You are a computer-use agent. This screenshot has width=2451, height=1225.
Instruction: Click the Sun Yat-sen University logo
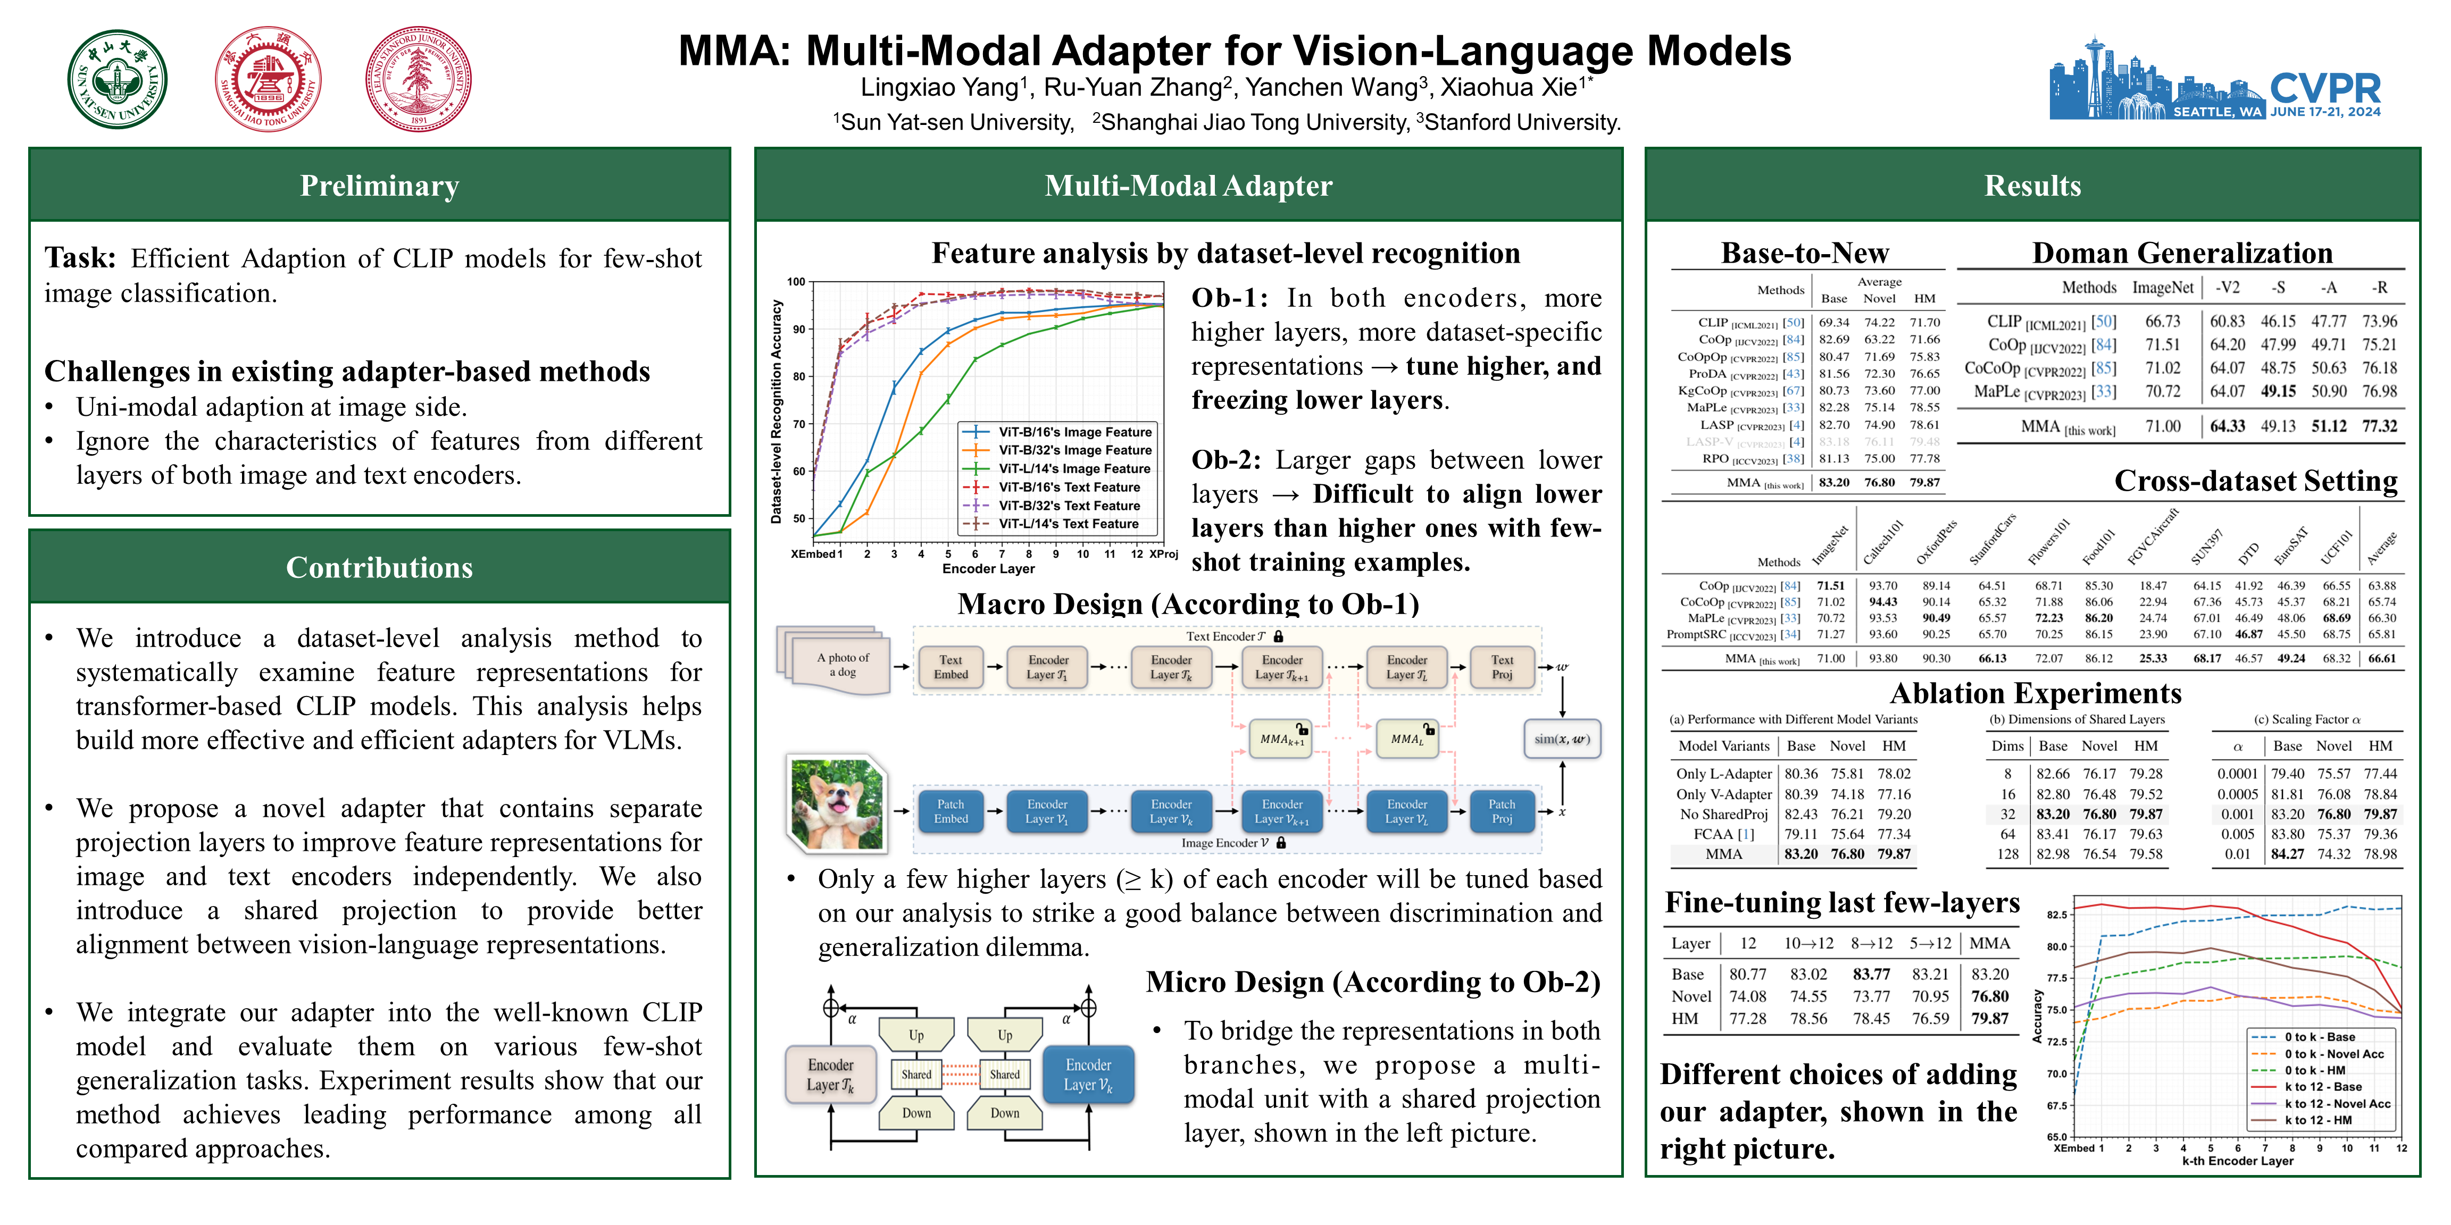point(117,79)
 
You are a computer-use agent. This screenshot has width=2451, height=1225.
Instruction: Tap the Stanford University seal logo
point(419,79)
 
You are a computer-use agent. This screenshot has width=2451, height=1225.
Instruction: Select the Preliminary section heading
point(380,186)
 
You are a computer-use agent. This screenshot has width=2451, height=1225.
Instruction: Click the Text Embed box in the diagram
point(951,667)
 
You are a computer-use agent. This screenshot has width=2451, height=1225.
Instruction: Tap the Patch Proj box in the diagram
point(1502,811)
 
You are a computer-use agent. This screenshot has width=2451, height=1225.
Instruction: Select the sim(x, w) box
point(1561,739)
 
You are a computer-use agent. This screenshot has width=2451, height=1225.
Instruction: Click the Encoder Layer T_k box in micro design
point(831,1075)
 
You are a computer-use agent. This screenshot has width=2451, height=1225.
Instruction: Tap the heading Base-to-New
point(1805,253)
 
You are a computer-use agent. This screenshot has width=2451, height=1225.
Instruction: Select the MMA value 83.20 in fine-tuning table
point(1989,974)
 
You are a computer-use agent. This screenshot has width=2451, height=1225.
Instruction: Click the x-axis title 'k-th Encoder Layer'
point(2237,1160)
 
